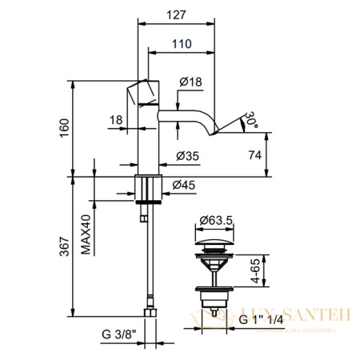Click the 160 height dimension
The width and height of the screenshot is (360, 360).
pyautogui.click(x=65, y=128)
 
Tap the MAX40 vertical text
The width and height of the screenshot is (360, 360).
pyautogui.click(x=86, y=238)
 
